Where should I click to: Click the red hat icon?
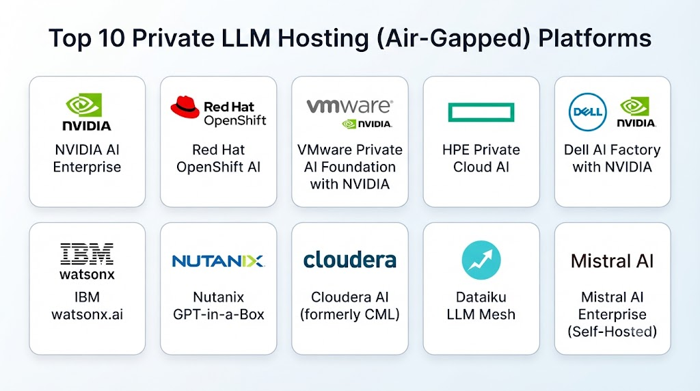pos(185,107)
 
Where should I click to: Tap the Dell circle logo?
pos(587,112)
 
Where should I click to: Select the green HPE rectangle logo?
pos(481,112)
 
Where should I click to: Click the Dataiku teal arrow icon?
pos(481,260)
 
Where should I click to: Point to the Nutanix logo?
pos(218,260)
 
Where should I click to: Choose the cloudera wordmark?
pos(349,260)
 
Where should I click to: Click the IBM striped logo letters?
pos(87,254)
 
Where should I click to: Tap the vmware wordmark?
pos(349,106)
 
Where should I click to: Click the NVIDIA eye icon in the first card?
pos(84,105)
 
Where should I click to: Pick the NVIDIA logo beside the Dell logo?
pos(636,113)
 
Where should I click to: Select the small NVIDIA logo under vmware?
pos(367,124)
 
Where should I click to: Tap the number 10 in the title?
pos(111,38)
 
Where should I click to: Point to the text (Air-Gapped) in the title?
pos(454,39)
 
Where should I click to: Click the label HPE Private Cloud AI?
pos(481,159)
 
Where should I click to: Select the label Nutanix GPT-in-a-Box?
pos(218,306)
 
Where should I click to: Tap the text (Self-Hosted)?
pos(612,332)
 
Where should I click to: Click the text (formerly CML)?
pos(349,314)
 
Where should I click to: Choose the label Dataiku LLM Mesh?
pos(481,306)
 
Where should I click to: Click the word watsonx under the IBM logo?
pos(87,274)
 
